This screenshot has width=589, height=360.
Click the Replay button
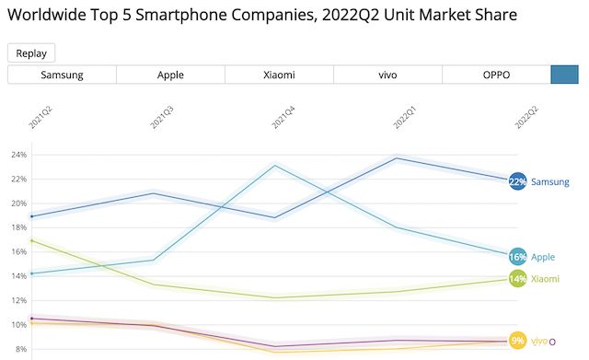pyautogui.click(x=31, y=53)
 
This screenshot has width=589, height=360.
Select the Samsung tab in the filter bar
pyautogui.click(x=62, y=75)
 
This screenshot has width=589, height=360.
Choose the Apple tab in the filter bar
pyautogui.click(x=170, y=75)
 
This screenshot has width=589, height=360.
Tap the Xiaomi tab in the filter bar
pyautogui.click(x=279, y=75)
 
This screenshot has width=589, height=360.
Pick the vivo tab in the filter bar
pyautogui.click(x=387, y=75)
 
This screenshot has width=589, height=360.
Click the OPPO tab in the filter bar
pyautogui.click(x=496, y=75)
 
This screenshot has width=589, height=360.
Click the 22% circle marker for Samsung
pyautogui.click(x=517, y=181)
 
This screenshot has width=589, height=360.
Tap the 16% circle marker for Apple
pyautogui.click(x=517, y=256)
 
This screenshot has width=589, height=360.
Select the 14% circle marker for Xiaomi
pyautogui.click(x=517, y=278)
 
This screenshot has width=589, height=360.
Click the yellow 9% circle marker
pyautogui.click(x=517, y=341)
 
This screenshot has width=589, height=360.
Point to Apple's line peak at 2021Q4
pyautogui.click(x=275, y=166)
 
